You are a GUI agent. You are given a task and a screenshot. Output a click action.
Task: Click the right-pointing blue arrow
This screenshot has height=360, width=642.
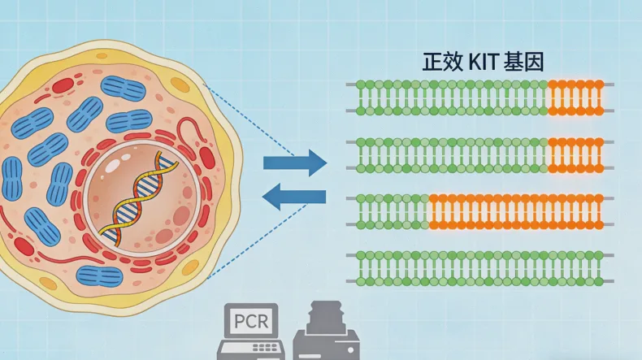click(x=294, y=163)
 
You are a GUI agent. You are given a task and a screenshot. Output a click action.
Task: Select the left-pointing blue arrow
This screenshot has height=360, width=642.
click(x=294, y=197)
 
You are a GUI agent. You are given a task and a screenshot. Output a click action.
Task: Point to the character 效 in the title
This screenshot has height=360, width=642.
click(x=454, y=63)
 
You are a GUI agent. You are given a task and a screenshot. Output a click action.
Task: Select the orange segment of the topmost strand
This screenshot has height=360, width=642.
click(x=575, y=98)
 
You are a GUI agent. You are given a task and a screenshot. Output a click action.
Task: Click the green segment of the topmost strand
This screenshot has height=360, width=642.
click(x=451, y=98)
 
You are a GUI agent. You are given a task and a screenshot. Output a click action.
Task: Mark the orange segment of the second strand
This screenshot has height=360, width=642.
click(x=575, y=154)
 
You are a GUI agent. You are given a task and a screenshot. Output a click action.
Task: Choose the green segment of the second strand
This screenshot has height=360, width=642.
click(x=451, y=154)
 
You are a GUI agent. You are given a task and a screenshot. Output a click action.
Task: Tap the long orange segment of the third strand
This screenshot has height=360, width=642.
click(x=515, y=211)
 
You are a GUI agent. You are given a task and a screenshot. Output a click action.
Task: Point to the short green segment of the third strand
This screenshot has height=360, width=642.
click(x=391, y=211)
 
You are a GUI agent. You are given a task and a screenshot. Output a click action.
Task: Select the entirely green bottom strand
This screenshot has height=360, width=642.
click(x=479, y=268)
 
